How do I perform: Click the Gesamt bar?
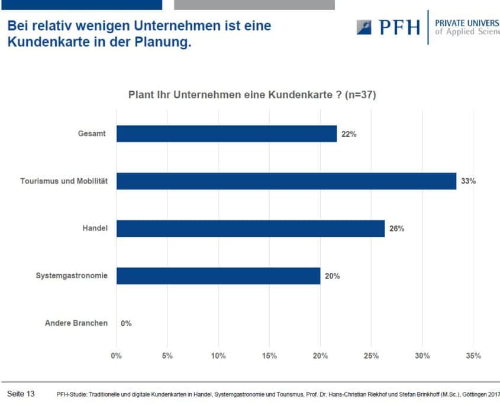227,134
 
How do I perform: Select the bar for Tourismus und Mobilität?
286,181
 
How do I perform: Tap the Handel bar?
251,229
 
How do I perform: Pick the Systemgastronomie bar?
218,276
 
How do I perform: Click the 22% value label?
349,134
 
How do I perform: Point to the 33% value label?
469,181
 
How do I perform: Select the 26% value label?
396,229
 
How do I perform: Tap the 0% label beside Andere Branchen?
126,324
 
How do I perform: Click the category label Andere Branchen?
76,323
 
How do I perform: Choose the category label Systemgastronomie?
72,276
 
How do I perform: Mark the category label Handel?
95,228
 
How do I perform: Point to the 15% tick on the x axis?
269,356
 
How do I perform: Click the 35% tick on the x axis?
473,356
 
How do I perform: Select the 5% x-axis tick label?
167,356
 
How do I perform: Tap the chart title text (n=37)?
360,95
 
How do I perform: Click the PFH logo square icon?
364,27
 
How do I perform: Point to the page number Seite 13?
21,394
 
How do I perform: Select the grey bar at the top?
254,5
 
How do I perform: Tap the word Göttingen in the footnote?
475,394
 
